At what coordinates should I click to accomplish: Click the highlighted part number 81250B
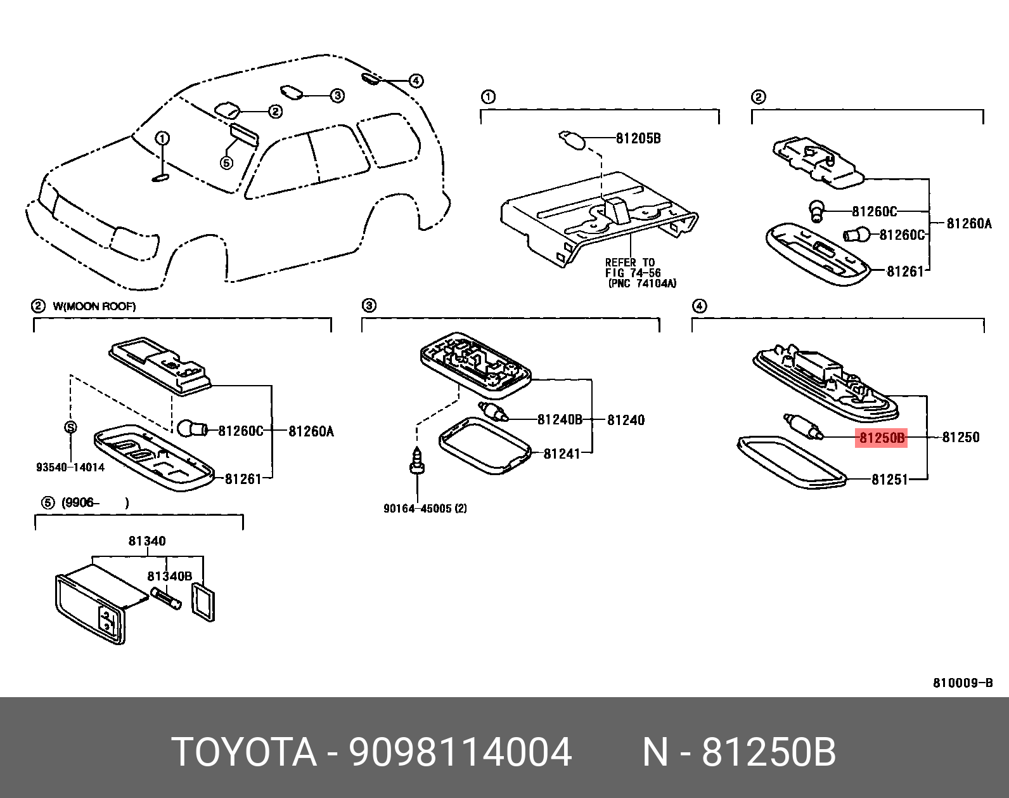pos(881,437)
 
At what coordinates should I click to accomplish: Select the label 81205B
pos(638,138)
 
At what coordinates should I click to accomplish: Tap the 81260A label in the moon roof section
pos(311,431)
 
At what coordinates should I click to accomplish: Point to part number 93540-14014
pos(70,468)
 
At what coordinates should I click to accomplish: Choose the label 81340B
pos(169,576)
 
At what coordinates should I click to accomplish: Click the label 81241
pos(562,454)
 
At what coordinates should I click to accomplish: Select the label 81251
pos(890,480)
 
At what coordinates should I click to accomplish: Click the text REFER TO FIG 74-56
pos(631,268)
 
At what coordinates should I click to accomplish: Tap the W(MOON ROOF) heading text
pos(94,306)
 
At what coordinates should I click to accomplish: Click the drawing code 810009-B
pos(963,683)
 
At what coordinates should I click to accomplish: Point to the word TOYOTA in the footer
pos(244,753)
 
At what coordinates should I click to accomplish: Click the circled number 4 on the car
pos(416,81)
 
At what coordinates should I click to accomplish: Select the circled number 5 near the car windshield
pos(226,163)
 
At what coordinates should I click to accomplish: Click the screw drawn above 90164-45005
pos(417,461)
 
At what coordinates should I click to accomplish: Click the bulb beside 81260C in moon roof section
pos(191,429)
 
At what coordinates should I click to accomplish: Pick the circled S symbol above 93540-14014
pos(70,427)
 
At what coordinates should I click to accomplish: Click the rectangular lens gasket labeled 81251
pos(792,461)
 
